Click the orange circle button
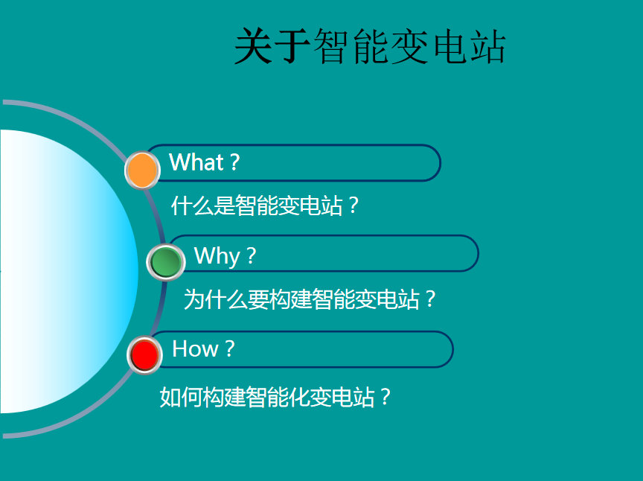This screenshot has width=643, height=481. (x=142, y=170)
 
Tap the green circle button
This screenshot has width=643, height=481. (x=166, y=262)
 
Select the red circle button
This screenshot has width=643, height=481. (x=144, y=355)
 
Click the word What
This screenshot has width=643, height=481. (x=196, y=162)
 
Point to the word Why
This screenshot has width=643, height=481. (x=217, y=256)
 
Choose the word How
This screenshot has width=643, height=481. (x=195, y=349)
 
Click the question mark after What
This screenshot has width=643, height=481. (x=234, y=162)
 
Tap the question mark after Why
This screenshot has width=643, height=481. (x=252, y=255)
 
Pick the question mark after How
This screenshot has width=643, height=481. (x=230, y=349)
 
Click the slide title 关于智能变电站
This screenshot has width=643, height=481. (x=370, y=46)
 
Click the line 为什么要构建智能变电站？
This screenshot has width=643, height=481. (x=310, y=299)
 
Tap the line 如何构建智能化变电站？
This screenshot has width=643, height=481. (x=275, y=397)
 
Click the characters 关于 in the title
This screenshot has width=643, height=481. (x=272, y=46)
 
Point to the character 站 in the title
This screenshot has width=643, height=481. (x=487, y=47)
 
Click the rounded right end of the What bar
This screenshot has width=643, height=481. (x=441, y=163)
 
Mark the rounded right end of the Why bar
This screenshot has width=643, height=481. (x=478, y=254)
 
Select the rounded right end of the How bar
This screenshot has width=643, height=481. (x=452, y=349)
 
